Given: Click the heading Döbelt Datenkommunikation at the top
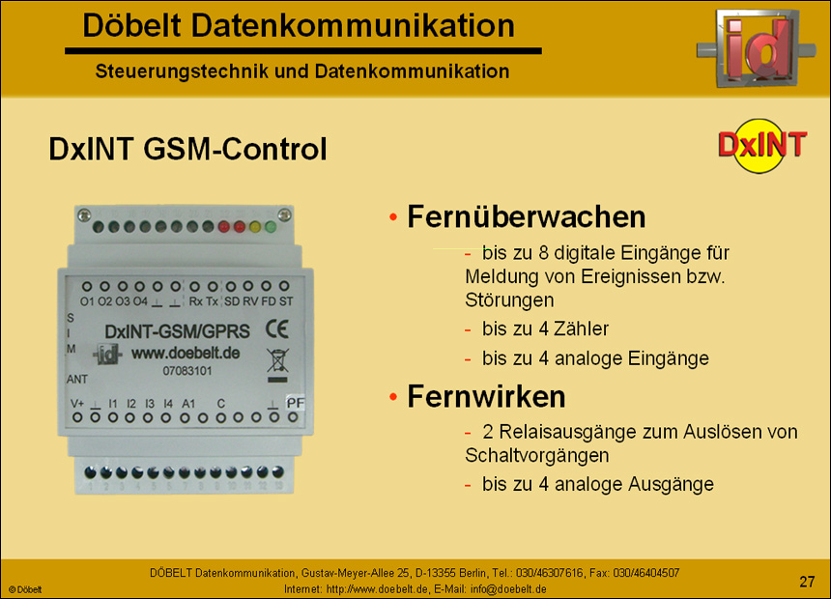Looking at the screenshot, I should pyautogui.click(x=299, y=26).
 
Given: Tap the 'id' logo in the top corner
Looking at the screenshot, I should pyautogui.click(x=758, y=47).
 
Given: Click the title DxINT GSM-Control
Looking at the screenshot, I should pyautogui.click(x=187, y=150).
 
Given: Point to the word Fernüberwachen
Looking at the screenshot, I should pyautogui.click(x=527, y=217).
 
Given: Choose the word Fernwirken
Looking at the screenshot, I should pyautogui.click(x=486, y=396).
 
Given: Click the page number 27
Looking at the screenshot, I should pyautogui.click(x=807, y=581).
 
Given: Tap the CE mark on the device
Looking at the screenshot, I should pyautogui.click(x=277, y=330).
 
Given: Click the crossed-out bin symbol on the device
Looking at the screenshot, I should pyautogui.click(x=276, y=361).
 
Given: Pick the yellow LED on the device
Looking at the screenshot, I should pyautogui.click(x=255, y=227).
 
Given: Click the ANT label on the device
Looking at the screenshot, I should pyautogui.click(x=77, y=379).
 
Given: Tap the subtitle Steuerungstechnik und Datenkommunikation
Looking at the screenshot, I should pyautogui.click(x=302, y=71).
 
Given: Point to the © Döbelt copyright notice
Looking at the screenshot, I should pyautogui.click(x=26, y=589).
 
